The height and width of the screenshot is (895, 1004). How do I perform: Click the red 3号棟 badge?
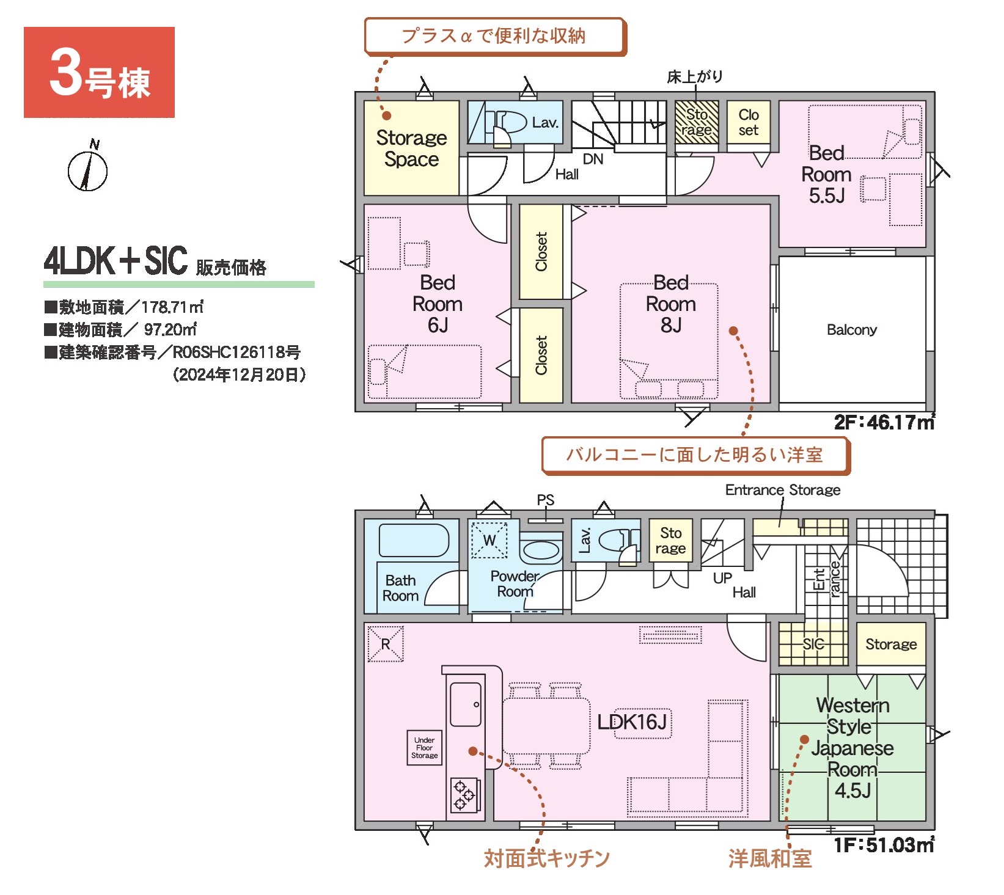[99, 72]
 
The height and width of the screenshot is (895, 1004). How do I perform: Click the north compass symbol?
[88, 167]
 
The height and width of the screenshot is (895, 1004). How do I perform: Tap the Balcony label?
[851, 330]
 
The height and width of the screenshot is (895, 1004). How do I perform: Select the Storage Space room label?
[411, 148]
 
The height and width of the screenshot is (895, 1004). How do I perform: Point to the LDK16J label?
[632, 722]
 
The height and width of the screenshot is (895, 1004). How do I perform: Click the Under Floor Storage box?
[424, 748]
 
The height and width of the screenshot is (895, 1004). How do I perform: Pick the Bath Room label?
[400, 588]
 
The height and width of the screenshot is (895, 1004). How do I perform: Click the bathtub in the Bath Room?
[414, 540]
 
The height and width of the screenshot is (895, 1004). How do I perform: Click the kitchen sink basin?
[465, 704]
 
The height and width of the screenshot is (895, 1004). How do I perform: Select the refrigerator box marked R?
[386, 644]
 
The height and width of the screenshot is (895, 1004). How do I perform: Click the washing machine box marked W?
[489, 540]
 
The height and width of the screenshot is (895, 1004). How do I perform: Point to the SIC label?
[813, 644]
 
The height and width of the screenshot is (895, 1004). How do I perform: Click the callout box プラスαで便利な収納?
[494, 36]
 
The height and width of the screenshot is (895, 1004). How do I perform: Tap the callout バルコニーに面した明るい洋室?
[695, 455]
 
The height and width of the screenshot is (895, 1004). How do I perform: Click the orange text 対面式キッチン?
[547, 858]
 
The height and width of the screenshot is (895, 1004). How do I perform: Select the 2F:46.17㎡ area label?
[884, 422]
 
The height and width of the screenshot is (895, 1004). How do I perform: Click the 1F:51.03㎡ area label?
[884, 845]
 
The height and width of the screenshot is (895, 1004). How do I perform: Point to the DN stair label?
[593, 159]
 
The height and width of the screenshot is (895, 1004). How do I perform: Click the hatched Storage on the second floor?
[697, 122]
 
